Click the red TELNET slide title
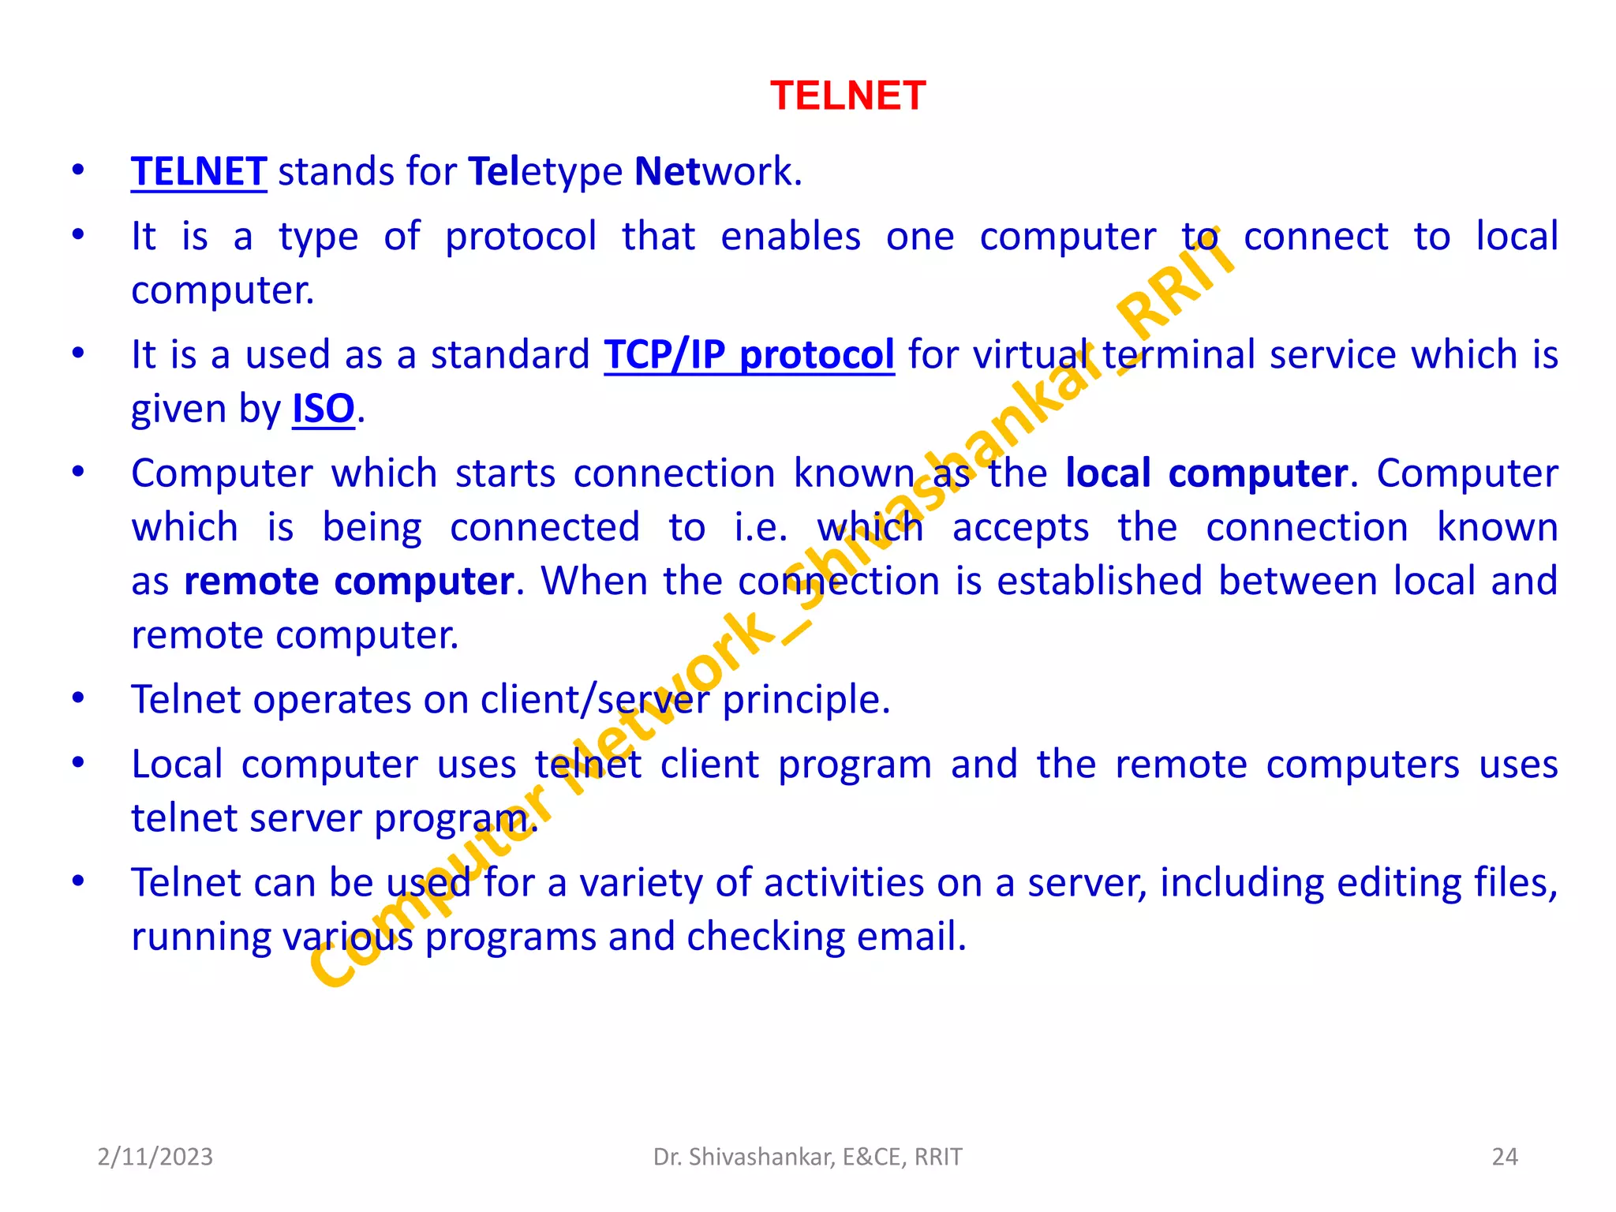[x=847, y=96]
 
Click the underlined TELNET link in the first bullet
[x=199, y=172]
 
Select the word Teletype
[x=545, y=172]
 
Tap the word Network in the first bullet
[x=717, y=172]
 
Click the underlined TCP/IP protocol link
[x=749, y=355]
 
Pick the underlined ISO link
[x=324, y=409]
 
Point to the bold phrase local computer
[x=1206, y=473]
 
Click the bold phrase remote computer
[x=349, y=582]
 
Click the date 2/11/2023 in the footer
[x=155, y=1157]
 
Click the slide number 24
[x=1505, y=1157]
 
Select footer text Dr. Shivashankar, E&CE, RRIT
[x=807, y=1157]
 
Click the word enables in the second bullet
[x=791, y=237]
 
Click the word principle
[x=806, y=700]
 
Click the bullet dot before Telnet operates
[x=78, y=698]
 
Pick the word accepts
[x=1020, y=527]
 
